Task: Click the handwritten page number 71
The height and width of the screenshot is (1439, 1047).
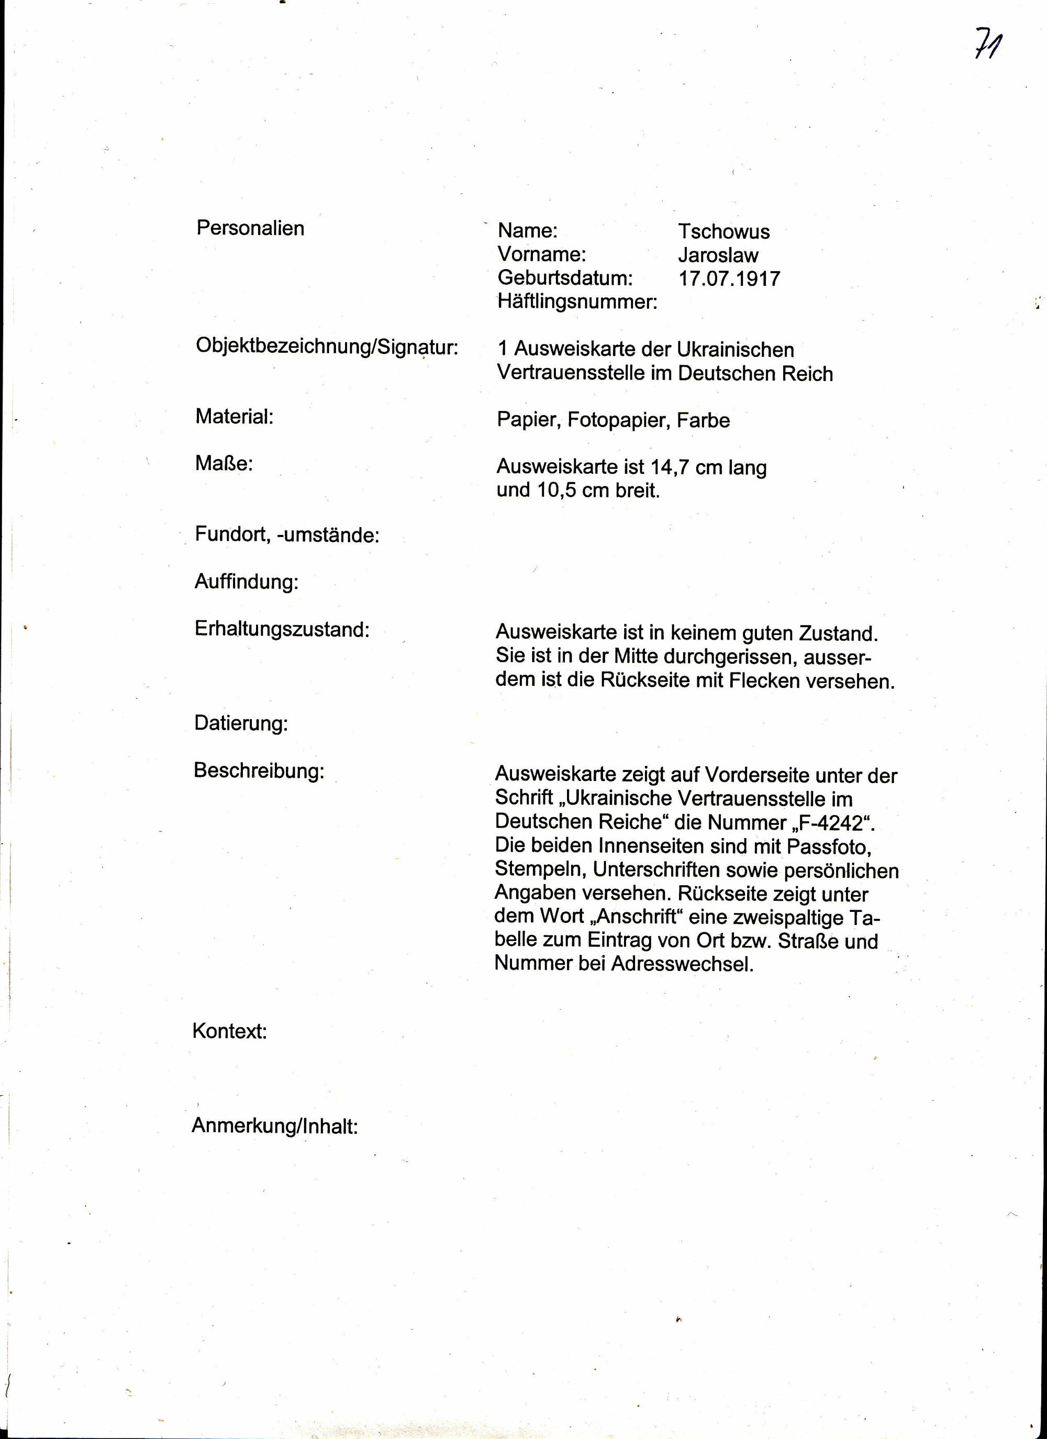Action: [x=987, y=43]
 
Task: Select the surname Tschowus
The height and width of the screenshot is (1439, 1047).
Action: [x=723, y=231]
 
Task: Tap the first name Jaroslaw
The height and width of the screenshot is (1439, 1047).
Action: [x=718, y=255]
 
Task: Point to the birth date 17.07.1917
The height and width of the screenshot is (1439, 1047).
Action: [x=729, y=278]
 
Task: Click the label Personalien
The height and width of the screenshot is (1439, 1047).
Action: [x=250, y=228]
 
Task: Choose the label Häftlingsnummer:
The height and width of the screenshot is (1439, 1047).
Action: [x=577, y=302]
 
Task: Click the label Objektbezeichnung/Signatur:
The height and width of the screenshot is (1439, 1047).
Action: [x=326, y=347]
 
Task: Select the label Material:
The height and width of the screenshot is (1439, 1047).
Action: [x=234, y=417]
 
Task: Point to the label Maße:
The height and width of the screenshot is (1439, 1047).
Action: [x=224, y=464]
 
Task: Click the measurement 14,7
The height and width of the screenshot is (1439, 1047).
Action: [x=670, y=467]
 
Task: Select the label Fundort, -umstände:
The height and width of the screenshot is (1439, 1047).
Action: [x=287, y=535]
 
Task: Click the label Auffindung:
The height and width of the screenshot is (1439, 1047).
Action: [x=246, y=582]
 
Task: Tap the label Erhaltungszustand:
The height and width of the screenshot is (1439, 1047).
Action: [x=282, y=629]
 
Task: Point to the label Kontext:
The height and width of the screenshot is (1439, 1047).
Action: [x=229, y=1032]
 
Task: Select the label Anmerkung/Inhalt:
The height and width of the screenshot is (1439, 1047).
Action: [x=275, y=1126]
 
